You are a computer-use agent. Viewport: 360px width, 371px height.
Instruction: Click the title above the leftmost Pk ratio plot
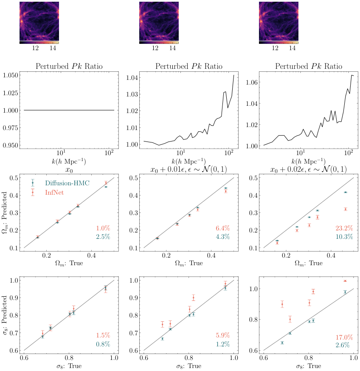click(x=69, y=67)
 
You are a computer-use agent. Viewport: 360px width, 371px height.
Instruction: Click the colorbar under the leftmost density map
click(x=39, y=42)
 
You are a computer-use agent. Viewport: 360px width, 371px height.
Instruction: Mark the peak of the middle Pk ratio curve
click(x=233, y=75)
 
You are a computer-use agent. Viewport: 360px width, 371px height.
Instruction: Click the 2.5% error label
click(x=103, y=237)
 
